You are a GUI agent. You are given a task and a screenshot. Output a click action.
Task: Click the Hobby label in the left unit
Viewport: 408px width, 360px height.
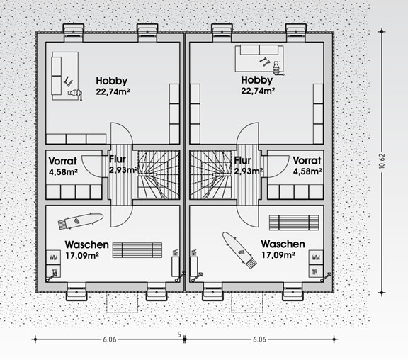pyautogui.click(x=112, y=81)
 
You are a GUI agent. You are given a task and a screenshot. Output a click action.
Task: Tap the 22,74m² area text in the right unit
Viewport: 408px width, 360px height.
pyautogui.click(x=258, y=91)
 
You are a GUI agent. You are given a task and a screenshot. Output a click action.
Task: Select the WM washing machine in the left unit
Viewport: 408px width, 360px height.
pyautogui.click(x=53, y=257)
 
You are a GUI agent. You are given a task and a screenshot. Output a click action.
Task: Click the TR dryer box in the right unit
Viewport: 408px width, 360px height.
pyautogui.click(x=316, y=272)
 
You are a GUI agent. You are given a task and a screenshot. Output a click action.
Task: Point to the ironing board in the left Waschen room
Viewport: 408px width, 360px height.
pyautogui.click(x=81, y=220)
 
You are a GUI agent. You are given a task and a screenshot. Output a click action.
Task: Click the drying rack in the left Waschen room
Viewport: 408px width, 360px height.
pyautogui.click(x=137, y=250)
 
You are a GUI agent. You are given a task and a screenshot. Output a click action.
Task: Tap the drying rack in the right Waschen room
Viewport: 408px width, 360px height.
pyautogui.click(x=294, y=223)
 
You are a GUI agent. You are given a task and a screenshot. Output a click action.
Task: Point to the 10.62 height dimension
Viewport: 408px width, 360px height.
pyautogui.click(x=382, y=162)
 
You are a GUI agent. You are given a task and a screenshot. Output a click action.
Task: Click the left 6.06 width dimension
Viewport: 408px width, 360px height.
pyautogui.click(x=110, y=339)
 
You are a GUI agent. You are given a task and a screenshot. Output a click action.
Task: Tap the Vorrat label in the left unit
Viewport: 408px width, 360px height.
pyautogui.click(x=63, y=161)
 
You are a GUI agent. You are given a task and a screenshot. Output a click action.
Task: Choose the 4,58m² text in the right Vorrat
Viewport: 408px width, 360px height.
pyautogui.click(x=307, y=171)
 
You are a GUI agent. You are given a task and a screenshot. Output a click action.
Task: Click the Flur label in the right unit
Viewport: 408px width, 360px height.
pyautogui.click(x=242, y=160)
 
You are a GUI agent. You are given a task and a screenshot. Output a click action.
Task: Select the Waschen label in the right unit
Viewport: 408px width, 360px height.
pyautogui.click(x=283, y=244)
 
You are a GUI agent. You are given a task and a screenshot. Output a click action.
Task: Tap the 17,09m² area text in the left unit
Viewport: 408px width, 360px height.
pyautogui.click(x=81, y=256)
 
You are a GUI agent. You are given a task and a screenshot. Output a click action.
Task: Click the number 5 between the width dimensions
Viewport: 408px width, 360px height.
pyautogui.click(x=179, y=334)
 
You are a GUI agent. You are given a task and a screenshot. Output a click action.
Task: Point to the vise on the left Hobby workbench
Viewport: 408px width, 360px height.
pyautogui.click(x=75, y=93)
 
